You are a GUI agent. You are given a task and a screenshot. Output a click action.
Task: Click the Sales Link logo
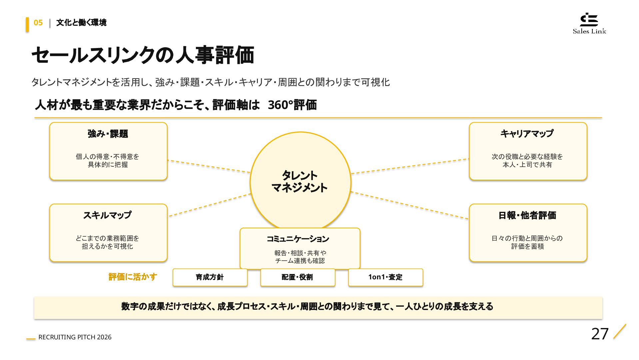589,23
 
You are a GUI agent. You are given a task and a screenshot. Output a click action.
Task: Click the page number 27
600,334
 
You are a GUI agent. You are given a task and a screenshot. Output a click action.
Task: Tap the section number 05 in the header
38,23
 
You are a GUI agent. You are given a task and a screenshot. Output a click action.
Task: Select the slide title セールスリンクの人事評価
143,55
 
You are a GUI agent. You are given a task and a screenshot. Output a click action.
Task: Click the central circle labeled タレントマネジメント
300,182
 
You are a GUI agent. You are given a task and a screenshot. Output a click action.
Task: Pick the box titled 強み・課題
108,151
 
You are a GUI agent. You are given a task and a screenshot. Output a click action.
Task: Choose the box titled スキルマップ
108,233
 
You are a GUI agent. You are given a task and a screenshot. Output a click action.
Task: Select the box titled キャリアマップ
528,151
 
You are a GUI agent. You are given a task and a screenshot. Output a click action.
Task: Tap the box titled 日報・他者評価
528,233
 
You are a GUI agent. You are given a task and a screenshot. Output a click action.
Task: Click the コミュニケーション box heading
298,239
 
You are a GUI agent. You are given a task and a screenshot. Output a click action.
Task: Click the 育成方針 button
210,277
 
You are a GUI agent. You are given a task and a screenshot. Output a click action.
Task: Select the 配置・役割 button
298,277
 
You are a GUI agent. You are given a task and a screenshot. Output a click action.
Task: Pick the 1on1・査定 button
385,277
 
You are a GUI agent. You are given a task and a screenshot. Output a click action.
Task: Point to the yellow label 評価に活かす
133,277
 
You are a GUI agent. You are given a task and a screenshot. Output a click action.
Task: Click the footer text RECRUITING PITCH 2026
75,337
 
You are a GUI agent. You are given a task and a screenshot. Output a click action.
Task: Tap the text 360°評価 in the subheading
292,105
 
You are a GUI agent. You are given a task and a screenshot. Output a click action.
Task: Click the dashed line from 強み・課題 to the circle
209,166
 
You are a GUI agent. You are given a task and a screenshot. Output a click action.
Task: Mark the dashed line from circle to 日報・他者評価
410,205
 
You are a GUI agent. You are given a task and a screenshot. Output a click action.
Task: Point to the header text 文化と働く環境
81,23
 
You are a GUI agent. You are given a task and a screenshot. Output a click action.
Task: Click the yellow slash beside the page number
620,331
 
